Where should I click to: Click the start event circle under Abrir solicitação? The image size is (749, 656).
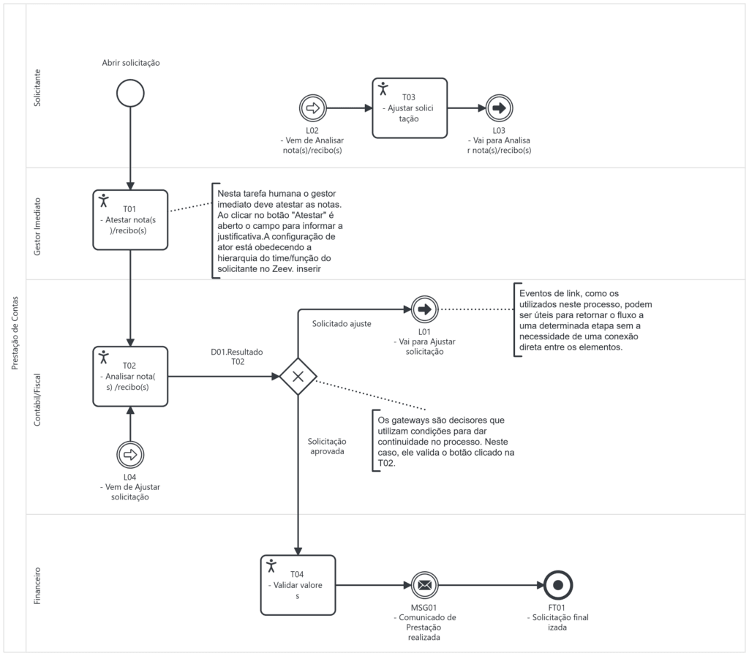tap(129, 94)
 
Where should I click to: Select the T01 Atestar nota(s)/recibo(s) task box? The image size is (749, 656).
tap(130, 219)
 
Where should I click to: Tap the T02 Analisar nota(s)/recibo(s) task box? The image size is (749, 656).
tap(130, 376)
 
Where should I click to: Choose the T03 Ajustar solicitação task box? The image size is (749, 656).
tap(409, 108)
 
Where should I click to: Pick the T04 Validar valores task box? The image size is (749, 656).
tap(298, 585)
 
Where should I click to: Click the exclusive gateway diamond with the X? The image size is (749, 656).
tap(298, 377)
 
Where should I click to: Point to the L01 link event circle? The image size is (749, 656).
tap(425, 309)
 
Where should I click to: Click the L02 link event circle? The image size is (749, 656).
tap(312, 108)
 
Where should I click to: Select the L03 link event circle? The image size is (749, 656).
tap(499, 108)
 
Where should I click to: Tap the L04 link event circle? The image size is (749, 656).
tap(130, 454)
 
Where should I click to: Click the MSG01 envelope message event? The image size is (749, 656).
tap(425, 585)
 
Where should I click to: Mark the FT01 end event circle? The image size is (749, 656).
tap(558, 585)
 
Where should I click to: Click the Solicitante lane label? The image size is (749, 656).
tap(38, 88)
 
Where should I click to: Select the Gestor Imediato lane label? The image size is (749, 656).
tap(38, 223)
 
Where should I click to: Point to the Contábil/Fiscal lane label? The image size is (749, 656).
tap(38, 395)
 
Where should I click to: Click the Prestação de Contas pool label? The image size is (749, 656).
tap(15, 328)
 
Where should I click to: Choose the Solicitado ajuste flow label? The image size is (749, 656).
tap(341, 323)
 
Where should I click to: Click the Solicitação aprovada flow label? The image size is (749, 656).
tap(327, 446)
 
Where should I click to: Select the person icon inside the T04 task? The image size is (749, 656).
tap(272, 565)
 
